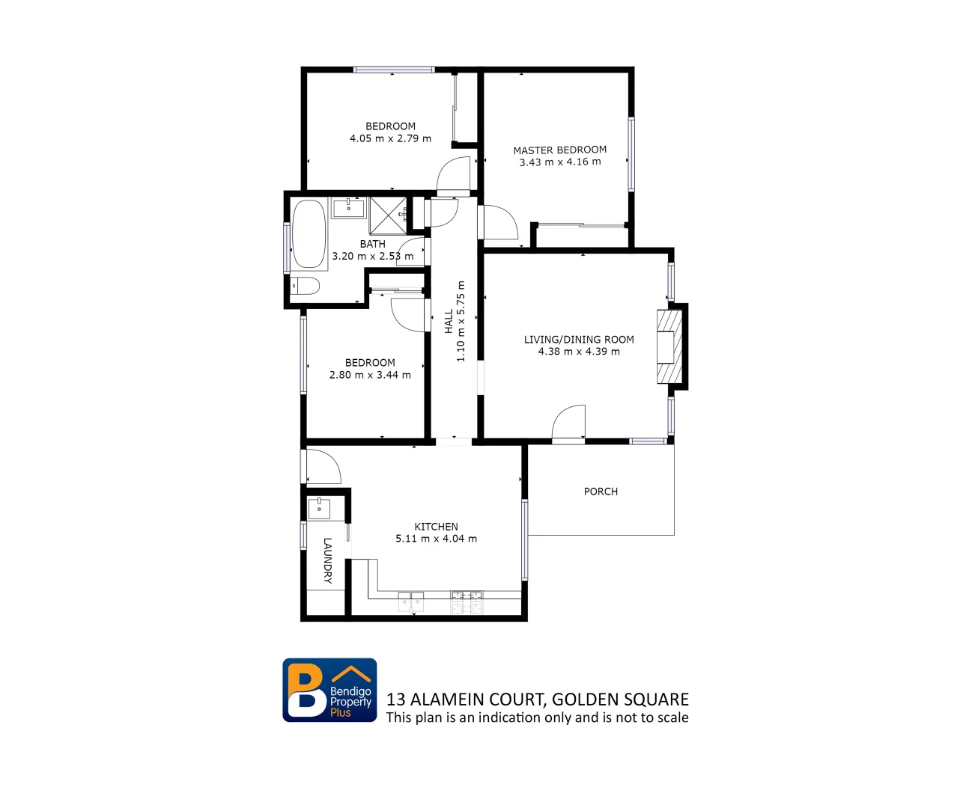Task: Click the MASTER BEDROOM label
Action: (x=559, y=150)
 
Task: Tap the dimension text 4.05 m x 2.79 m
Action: (x=390, y=138)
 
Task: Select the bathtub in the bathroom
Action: (x=309, y=233)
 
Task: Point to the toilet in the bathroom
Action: (x=306, y=285)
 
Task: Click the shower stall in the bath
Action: (x=388, y=215)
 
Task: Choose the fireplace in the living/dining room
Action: (x=669, y=346)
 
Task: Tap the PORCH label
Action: (x=601, y=492)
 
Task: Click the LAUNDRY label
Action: (x=327, y=560)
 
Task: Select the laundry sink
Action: (x=320, y=508)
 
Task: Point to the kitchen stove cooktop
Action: (x=466, y=602)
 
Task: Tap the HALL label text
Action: (x=449, y=322)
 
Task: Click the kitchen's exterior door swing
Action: (x=322, y=466)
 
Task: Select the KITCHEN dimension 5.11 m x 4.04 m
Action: (x=436, y=539)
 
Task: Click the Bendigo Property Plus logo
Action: (x=329, y=690)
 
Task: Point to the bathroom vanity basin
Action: (x=349, y=206)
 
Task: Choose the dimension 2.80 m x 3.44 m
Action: (x=370, y=375)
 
